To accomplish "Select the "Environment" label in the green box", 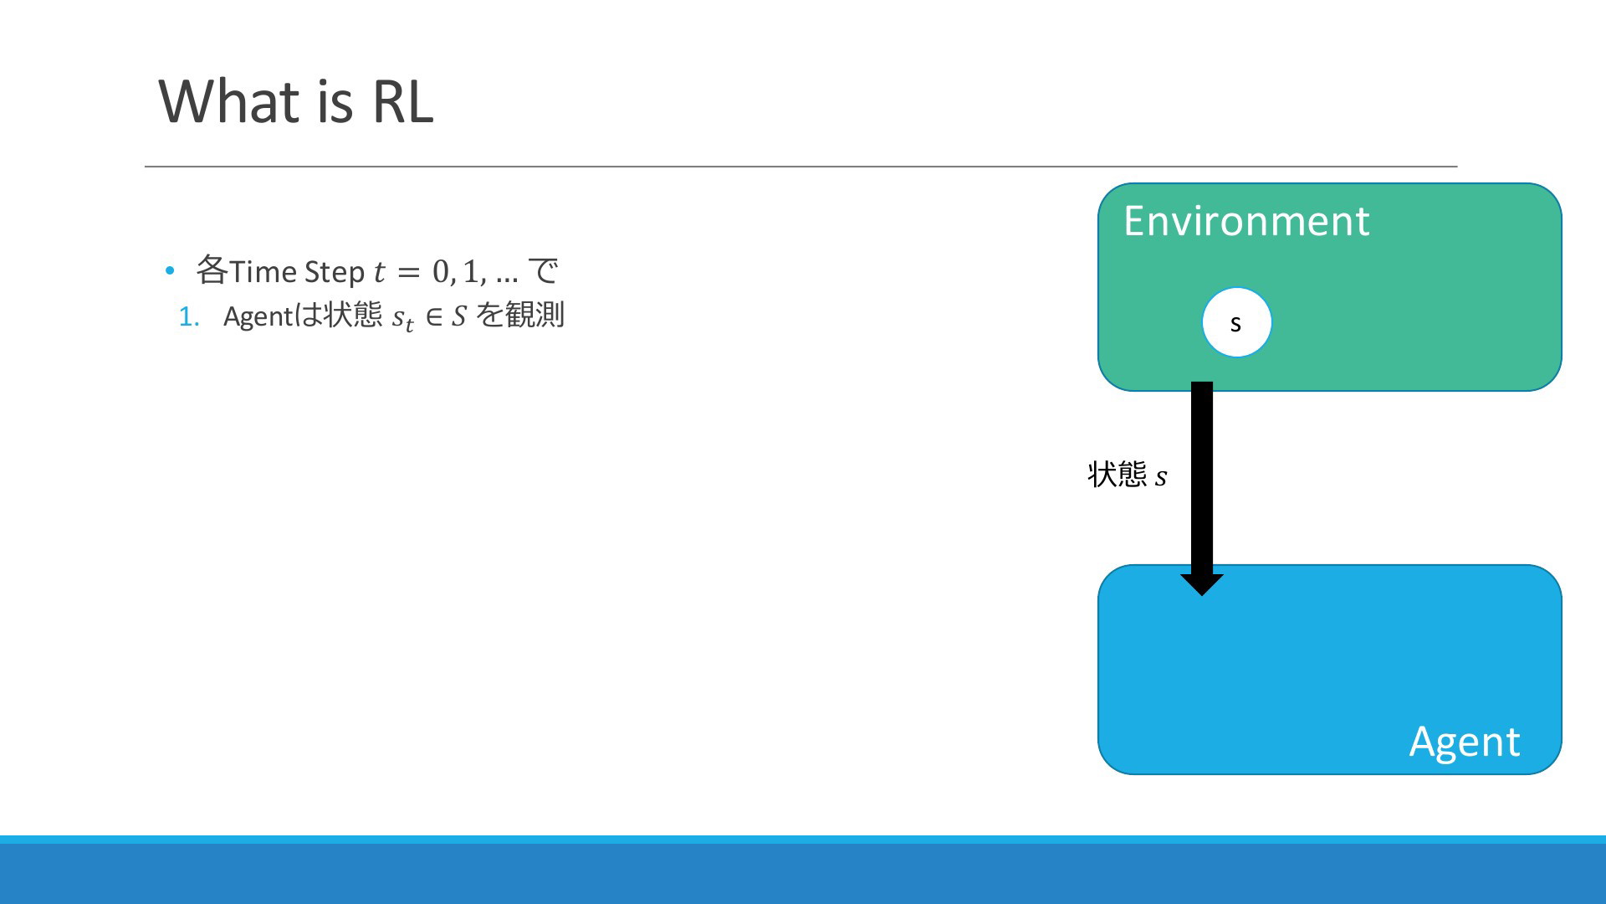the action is tap(1246, 221).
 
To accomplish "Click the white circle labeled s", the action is tap(1236, 322).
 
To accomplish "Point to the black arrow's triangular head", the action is tap(1202, 585).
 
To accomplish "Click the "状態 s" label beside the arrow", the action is tap(1128, 475).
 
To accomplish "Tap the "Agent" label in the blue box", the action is tap(1464, 742).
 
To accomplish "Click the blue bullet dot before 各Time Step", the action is tap(170, 270).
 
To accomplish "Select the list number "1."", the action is tap(189, 316).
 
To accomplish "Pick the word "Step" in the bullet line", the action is tap(335, 272).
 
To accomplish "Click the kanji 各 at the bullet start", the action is tap(212, 270).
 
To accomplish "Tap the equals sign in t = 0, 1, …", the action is tap(407, 272).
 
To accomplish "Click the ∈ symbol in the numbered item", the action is tap(434, 316).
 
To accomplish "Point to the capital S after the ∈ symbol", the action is tap(458, 316).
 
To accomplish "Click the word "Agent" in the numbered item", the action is tap(258, 316).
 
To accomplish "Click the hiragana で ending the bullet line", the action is tap(544, 270).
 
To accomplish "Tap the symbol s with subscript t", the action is tap(403, 319).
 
